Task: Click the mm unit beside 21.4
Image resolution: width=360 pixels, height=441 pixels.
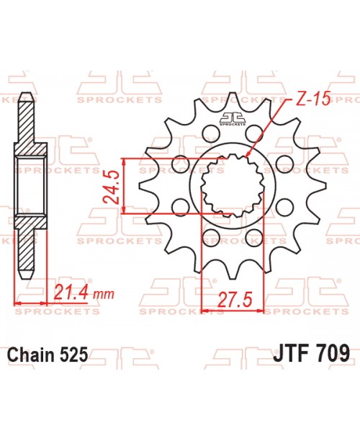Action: tap(104, 295)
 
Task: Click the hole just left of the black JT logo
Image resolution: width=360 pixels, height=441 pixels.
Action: tap(211, 132)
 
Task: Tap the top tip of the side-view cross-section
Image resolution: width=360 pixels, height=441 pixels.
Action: tap(26, 98)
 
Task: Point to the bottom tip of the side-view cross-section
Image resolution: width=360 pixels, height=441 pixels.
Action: tap(26, 277)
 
